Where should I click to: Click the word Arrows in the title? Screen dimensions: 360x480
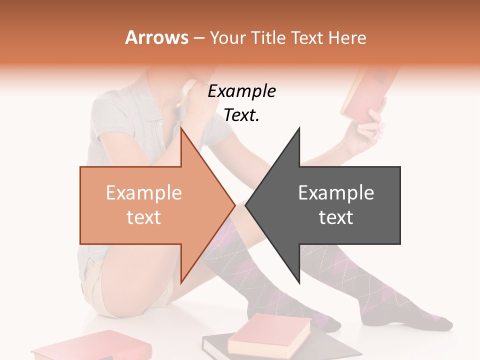[156, 37]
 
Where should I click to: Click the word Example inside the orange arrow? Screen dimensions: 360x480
[143, 192]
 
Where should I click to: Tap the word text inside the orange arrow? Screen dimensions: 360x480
[143, 217]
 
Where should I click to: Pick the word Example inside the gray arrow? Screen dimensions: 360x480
[336, 192]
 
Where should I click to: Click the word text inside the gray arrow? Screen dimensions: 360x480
[336, 217]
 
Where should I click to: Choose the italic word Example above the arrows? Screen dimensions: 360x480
[241, 91]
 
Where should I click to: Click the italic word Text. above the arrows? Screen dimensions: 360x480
[241, 115]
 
